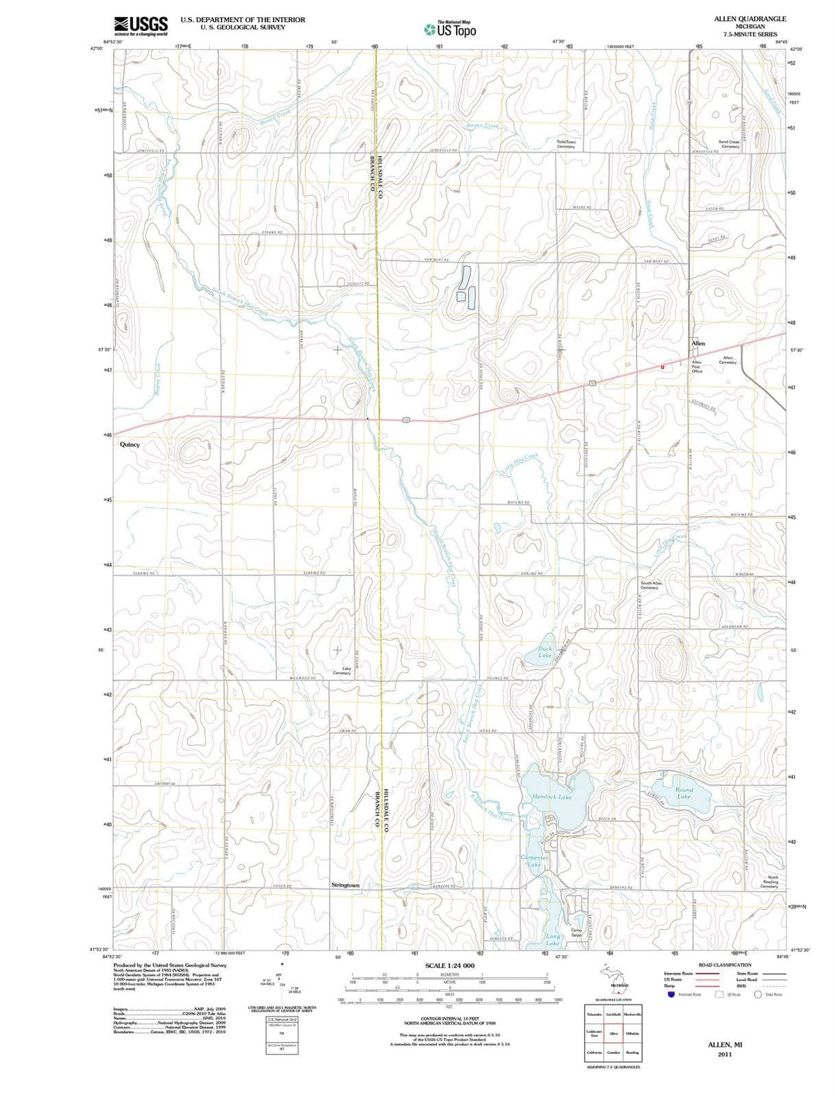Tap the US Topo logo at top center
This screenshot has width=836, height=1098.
coord(450,29)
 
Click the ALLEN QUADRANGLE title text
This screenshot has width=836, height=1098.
coord(740,19)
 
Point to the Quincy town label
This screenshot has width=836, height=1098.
coord(130,444)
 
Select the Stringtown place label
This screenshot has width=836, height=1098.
coord(345,885)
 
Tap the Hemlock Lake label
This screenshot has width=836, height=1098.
coord(552,797)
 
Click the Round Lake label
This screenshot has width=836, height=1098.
coord(684,793)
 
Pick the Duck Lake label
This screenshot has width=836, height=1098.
coord(545,652)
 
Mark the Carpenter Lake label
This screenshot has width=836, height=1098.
coord(534,862)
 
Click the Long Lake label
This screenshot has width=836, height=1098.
coord(553,939)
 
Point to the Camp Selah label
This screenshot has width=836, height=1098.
coord(577,933)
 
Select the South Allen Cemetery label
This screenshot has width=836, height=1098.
coord(649,585)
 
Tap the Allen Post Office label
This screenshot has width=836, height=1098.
coord(697,366)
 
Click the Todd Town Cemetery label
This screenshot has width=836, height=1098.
coord(566,144)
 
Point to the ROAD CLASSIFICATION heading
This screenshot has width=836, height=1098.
coord(725,965)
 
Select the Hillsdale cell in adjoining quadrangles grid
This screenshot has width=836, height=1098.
coord(632,1034)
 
